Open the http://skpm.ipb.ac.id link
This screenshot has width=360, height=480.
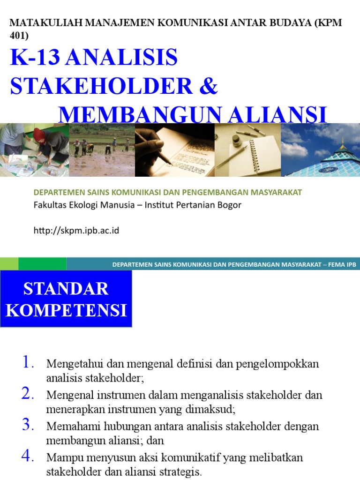click(x=76, y=231)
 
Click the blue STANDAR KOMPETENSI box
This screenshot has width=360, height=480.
click(x=66, y=299)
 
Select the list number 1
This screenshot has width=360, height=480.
click(x=28, y=362)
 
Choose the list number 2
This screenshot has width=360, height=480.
click(x=28, y=394)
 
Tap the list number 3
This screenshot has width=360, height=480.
click(x=28, y=425)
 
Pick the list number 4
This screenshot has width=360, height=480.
click(x=28, y=457)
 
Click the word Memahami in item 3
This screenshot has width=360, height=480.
click(x=68, y=427)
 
